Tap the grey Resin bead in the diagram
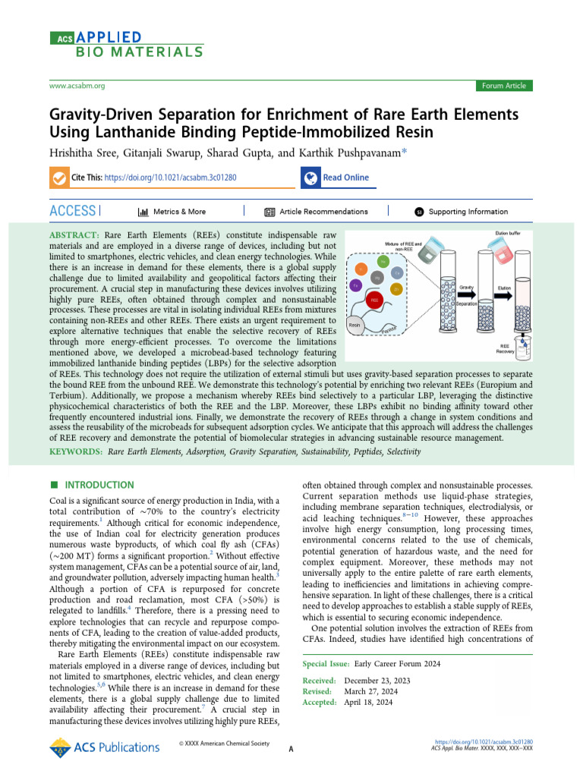[355, 324]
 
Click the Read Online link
[345, 178]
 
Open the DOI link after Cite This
[171, 178]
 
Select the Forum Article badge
[503, 86]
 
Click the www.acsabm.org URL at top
[77, 87]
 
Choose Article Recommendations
[323, 212]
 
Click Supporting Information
[468, 212]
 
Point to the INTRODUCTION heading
[99, 485]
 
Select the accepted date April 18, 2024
[368, 703]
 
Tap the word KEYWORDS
[77, 451]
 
